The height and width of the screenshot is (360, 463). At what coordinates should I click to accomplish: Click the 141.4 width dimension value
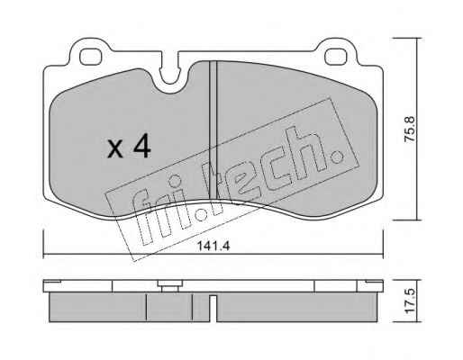(x=213, y=247)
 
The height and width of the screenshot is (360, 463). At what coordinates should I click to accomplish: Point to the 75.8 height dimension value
(x=410, y=129)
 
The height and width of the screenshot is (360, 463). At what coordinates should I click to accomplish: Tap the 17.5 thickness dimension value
(x=410, y=301)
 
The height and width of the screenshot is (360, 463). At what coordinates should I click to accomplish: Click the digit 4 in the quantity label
(x=142, y=146)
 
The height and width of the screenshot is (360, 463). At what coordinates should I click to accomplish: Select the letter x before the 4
(x=115, y=149)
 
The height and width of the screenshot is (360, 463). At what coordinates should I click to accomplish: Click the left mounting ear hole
(x=90, y=57)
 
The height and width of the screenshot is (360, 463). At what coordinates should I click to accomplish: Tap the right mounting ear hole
(x=336, y=57)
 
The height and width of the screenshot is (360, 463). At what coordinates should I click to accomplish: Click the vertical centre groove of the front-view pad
(x=213, y=130)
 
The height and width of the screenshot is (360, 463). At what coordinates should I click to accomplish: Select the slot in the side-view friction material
(x=213, y=309)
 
